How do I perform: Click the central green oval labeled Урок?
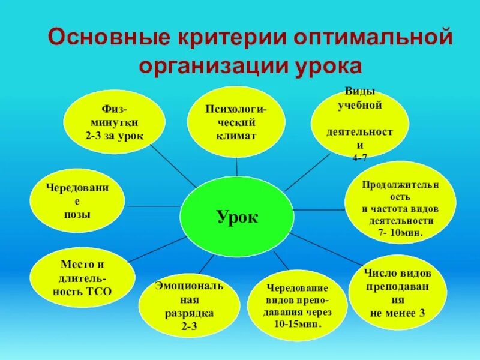pos(237,217)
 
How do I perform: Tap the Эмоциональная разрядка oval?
pos(188,306)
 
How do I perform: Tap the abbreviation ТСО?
pos(100,292)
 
